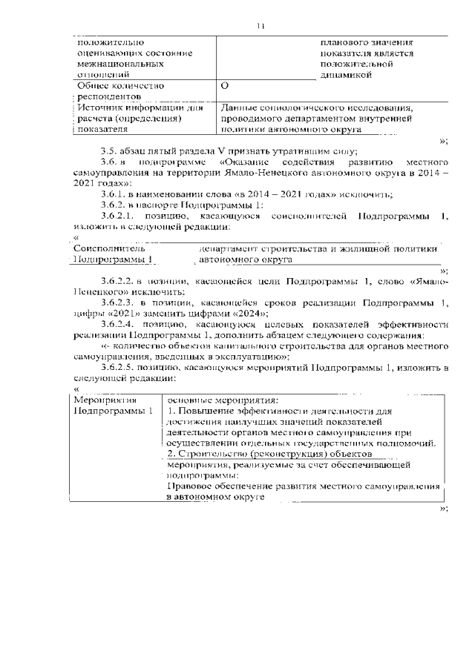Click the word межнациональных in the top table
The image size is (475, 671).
115,64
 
